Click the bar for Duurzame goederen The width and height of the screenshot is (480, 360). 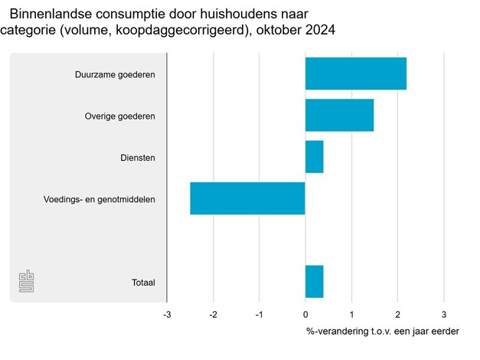pos(355,74)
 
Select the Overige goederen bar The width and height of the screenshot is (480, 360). pos(339,116)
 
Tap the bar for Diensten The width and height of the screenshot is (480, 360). pos(314,157)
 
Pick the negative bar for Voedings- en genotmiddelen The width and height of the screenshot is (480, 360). pos(247,198)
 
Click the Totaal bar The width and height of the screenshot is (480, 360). pos(314,282)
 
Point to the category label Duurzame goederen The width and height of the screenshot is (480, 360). pos(115,75)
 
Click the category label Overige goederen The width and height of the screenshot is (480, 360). pos(119,116)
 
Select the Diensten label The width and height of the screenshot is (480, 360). pos(138,158)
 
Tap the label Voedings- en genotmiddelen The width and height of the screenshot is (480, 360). pos(100,199)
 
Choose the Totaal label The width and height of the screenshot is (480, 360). pos(143,283)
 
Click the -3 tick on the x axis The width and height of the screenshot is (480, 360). pos(167,314)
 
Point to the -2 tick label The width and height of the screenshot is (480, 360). pos(213,314)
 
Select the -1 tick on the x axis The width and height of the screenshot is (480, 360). pos(259,314)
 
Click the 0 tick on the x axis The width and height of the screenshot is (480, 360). pos(305,314)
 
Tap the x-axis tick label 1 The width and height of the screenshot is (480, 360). pos(351,314)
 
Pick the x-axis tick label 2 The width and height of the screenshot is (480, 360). pos(397,314)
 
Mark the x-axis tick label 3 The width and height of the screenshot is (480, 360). pos(443,314)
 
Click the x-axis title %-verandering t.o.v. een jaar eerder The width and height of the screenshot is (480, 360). pos(383,332)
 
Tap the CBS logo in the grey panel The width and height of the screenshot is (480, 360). pos(27,281)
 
